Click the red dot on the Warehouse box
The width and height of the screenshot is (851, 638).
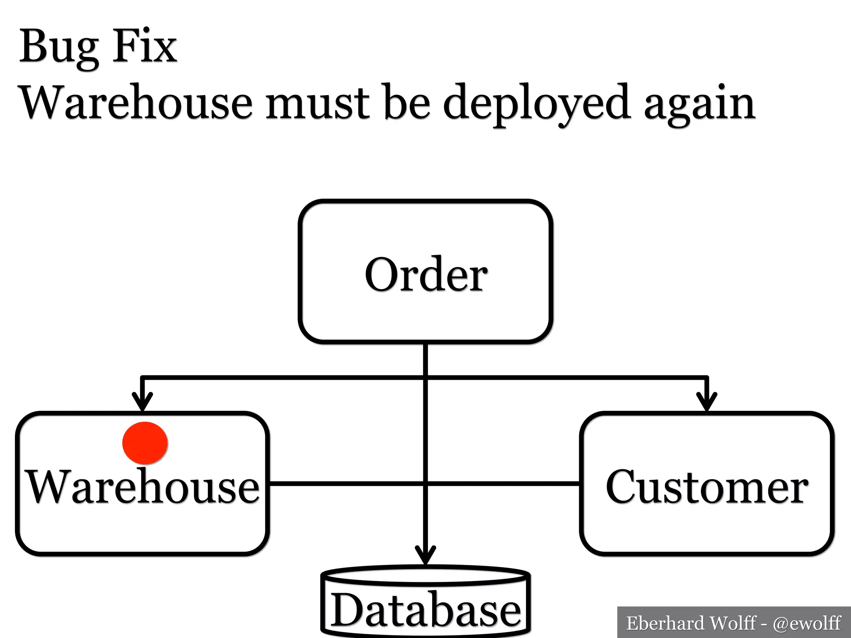coord(145,443)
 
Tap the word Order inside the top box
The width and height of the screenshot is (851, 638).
coord(426,275)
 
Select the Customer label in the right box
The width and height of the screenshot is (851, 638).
coord(707,486)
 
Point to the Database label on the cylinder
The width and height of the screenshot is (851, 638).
coord(425,610)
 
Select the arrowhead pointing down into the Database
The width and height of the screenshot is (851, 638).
coord(425,556)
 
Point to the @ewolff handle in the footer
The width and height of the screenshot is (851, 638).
coord(807,623)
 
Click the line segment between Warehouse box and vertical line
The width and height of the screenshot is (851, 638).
coord(345,483)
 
